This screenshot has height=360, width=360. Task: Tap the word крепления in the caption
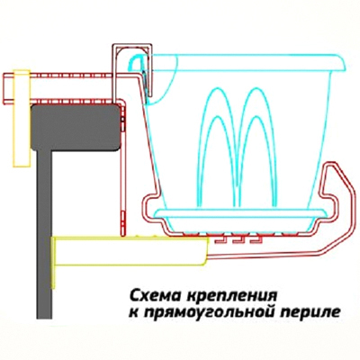(x=230, y=297)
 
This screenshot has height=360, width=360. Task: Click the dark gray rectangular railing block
(x=76, y=127)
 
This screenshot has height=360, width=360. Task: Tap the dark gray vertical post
(x=45, y=234)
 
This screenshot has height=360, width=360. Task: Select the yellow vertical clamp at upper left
(x=22, y=118)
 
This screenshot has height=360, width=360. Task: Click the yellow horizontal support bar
(x=131, y=251)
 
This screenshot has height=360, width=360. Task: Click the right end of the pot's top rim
(x=345, y=65)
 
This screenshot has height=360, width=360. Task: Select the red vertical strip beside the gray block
(x=122, y=168)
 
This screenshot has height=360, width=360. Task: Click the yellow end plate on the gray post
(x=53, y=263)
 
